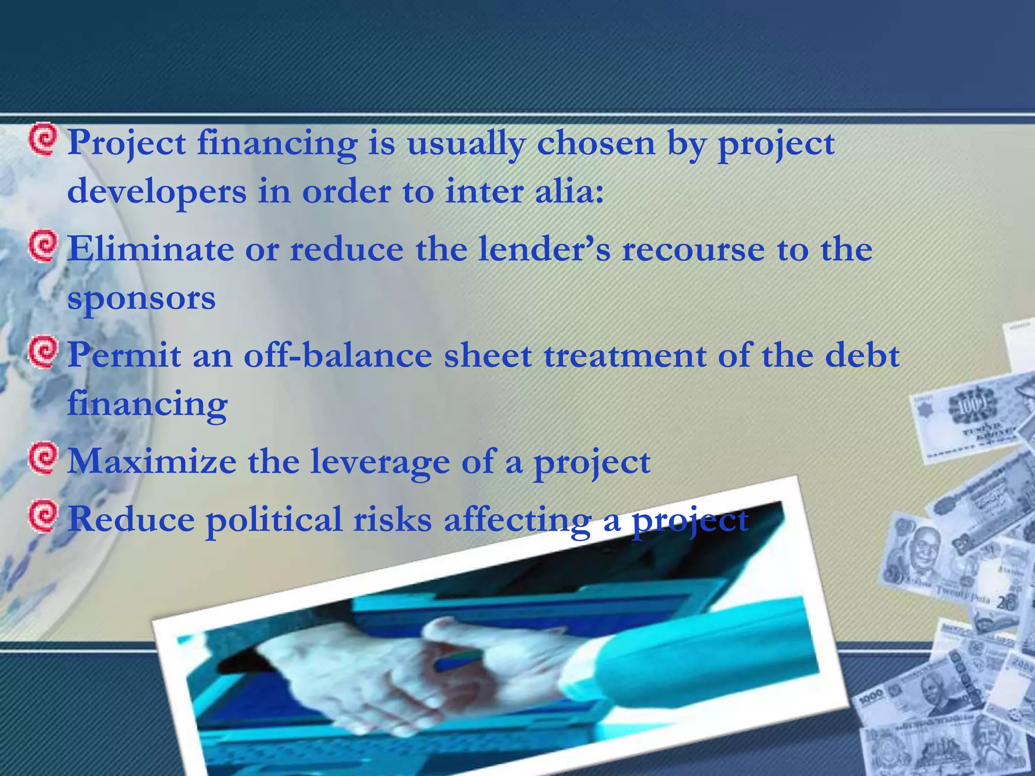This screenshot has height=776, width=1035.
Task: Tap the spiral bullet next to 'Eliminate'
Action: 42,246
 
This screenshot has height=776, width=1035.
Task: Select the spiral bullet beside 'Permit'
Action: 42,353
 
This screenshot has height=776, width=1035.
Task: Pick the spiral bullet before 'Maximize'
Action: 42,459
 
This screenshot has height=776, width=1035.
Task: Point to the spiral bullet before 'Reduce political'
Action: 42,516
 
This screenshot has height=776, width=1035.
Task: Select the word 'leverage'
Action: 379,463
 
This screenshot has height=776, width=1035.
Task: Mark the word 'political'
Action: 273,520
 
